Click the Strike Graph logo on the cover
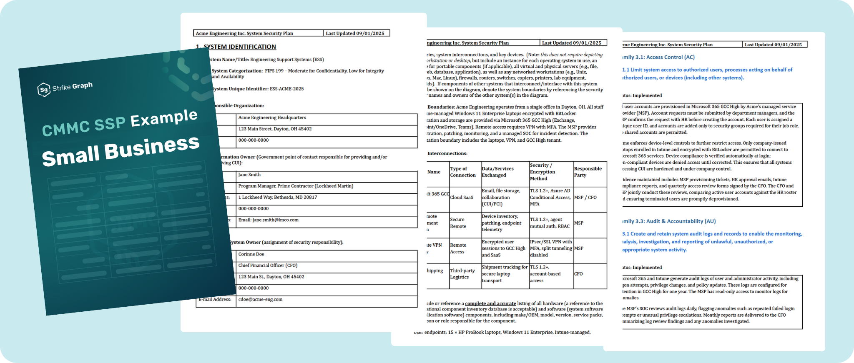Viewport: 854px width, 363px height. pos(65,88)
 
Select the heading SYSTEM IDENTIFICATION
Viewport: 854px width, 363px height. pos(239,47)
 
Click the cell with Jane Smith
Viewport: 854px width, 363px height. pos(249,175)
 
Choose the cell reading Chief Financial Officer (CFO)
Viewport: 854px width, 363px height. pos(268,265)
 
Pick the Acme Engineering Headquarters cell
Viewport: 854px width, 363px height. pos(272,118)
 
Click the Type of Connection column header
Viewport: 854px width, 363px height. pos(462,172)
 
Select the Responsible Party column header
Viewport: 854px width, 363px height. pos(588,172)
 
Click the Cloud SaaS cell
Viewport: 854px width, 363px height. pos(462,198)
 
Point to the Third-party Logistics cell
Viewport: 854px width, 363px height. pos(462,274)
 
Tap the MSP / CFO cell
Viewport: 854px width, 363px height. pos(585,198)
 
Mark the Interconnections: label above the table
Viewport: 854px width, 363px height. pos(447,153)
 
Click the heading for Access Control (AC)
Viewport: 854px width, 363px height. pos(659,57)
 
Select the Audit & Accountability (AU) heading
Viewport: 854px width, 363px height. pos(669,221)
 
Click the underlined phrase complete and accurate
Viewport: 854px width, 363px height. pos(490,303)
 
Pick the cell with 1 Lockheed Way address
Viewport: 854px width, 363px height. pos(277,197)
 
